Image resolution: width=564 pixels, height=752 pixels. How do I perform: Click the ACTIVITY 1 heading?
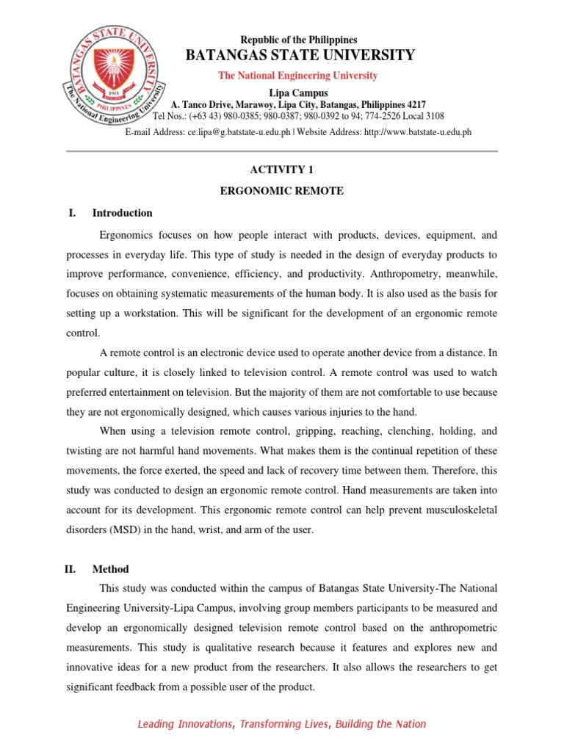pyautogui.click(x=282, y=169)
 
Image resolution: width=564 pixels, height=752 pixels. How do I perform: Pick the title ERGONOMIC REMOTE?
pyautogui.click(x=282, y=191)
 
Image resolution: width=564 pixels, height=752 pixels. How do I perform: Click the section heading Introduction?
pyautogui.click(x=122, y=213)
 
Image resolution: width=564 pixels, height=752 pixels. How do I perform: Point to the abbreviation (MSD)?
pyautogui.click(x=131, y=529)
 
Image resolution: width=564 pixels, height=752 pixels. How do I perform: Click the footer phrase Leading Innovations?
pyautogui.click(x=184, y=724)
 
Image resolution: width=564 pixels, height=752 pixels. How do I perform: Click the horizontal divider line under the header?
pyautogui.click(x=282, y=151)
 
